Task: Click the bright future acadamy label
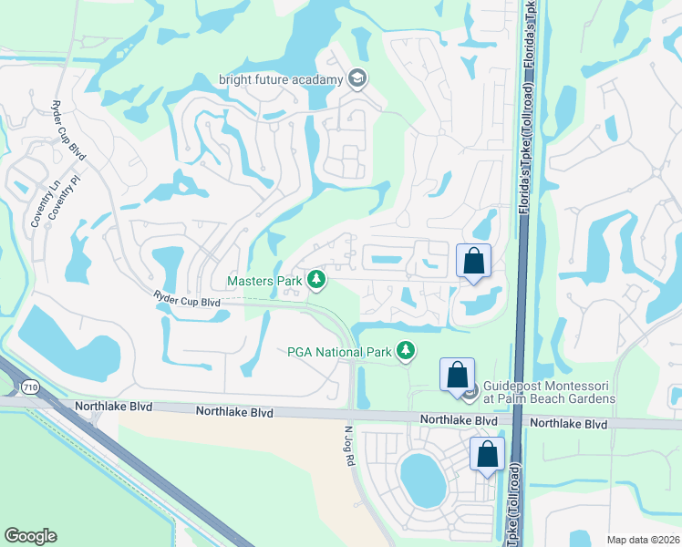(281, 78)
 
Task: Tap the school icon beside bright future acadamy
(356, 78)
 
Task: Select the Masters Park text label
(263, 281)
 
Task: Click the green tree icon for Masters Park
(316, 279)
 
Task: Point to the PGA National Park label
(339, 351)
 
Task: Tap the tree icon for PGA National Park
(406, 350)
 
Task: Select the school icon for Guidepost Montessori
(470, 393)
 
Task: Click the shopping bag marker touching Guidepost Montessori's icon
(457, 375)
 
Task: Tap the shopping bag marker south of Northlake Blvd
(488, 453)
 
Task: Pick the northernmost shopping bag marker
(474, 261)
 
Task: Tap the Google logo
(30, 536)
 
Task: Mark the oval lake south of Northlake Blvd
(422, 480)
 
